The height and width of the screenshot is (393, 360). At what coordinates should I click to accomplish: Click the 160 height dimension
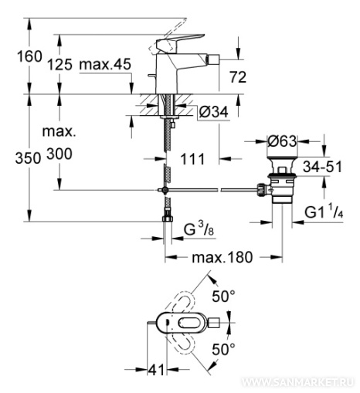point(29,56)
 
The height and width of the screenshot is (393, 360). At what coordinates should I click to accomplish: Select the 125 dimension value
point(60,65)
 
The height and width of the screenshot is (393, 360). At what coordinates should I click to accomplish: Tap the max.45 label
point(105,64)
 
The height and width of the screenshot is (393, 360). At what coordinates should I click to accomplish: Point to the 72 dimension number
point(238,77)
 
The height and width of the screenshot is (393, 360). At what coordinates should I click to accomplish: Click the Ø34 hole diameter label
point(214,112)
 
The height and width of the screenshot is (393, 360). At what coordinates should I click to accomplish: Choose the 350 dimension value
point(28,158)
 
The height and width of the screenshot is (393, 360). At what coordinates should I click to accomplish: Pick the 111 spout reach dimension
point(192,159)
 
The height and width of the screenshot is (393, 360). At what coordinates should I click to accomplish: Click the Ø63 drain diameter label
point(282,141)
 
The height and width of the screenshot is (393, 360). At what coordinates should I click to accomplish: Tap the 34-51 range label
point(322,167)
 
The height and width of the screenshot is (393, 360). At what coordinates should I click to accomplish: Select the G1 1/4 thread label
point(324,212)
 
